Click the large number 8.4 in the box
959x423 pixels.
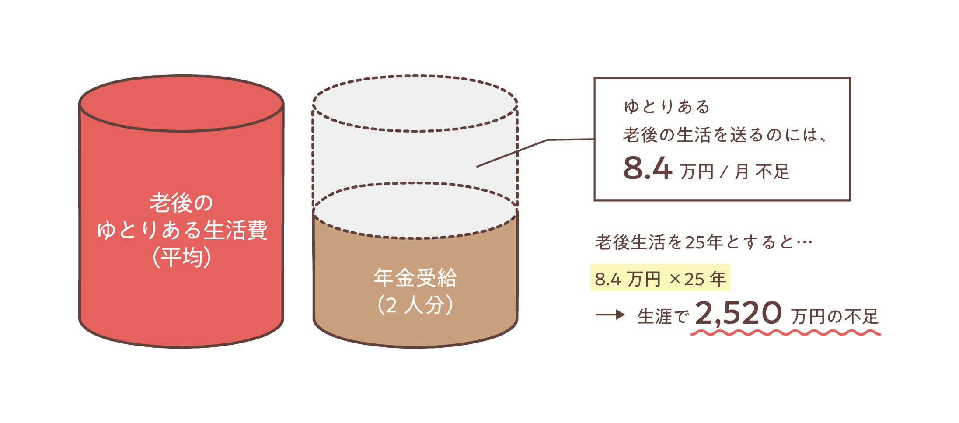click(647, 168)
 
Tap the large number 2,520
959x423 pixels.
click(738, 313)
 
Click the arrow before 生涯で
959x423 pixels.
click(610, 315)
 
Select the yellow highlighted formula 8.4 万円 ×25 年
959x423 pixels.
click(660, 278)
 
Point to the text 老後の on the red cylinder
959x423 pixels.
click(181, 203)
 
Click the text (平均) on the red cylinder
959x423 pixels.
click(181, 257)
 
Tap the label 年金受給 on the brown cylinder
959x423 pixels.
click(415, 278)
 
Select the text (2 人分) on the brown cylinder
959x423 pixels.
click(415, 305)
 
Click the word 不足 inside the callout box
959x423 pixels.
click(772, 171)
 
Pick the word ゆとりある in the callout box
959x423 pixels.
click(667, 107)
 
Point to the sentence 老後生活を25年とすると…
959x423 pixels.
click(703, 242)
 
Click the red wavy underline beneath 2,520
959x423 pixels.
click(785, 333)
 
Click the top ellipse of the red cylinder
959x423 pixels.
click(181, 103)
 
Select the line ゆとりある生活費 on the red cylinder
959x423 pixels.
click(181, 230)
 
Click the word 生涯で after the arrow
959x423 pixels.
click(663, 317)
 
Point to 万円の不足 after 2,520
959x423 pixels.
click(834, 317)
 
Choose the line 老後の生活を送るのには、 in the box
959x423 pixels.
click(724, 135)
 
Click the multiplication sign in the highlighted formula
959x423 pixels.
click(675, 279)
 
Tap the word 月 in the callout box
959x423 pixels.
click(741, 171)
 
